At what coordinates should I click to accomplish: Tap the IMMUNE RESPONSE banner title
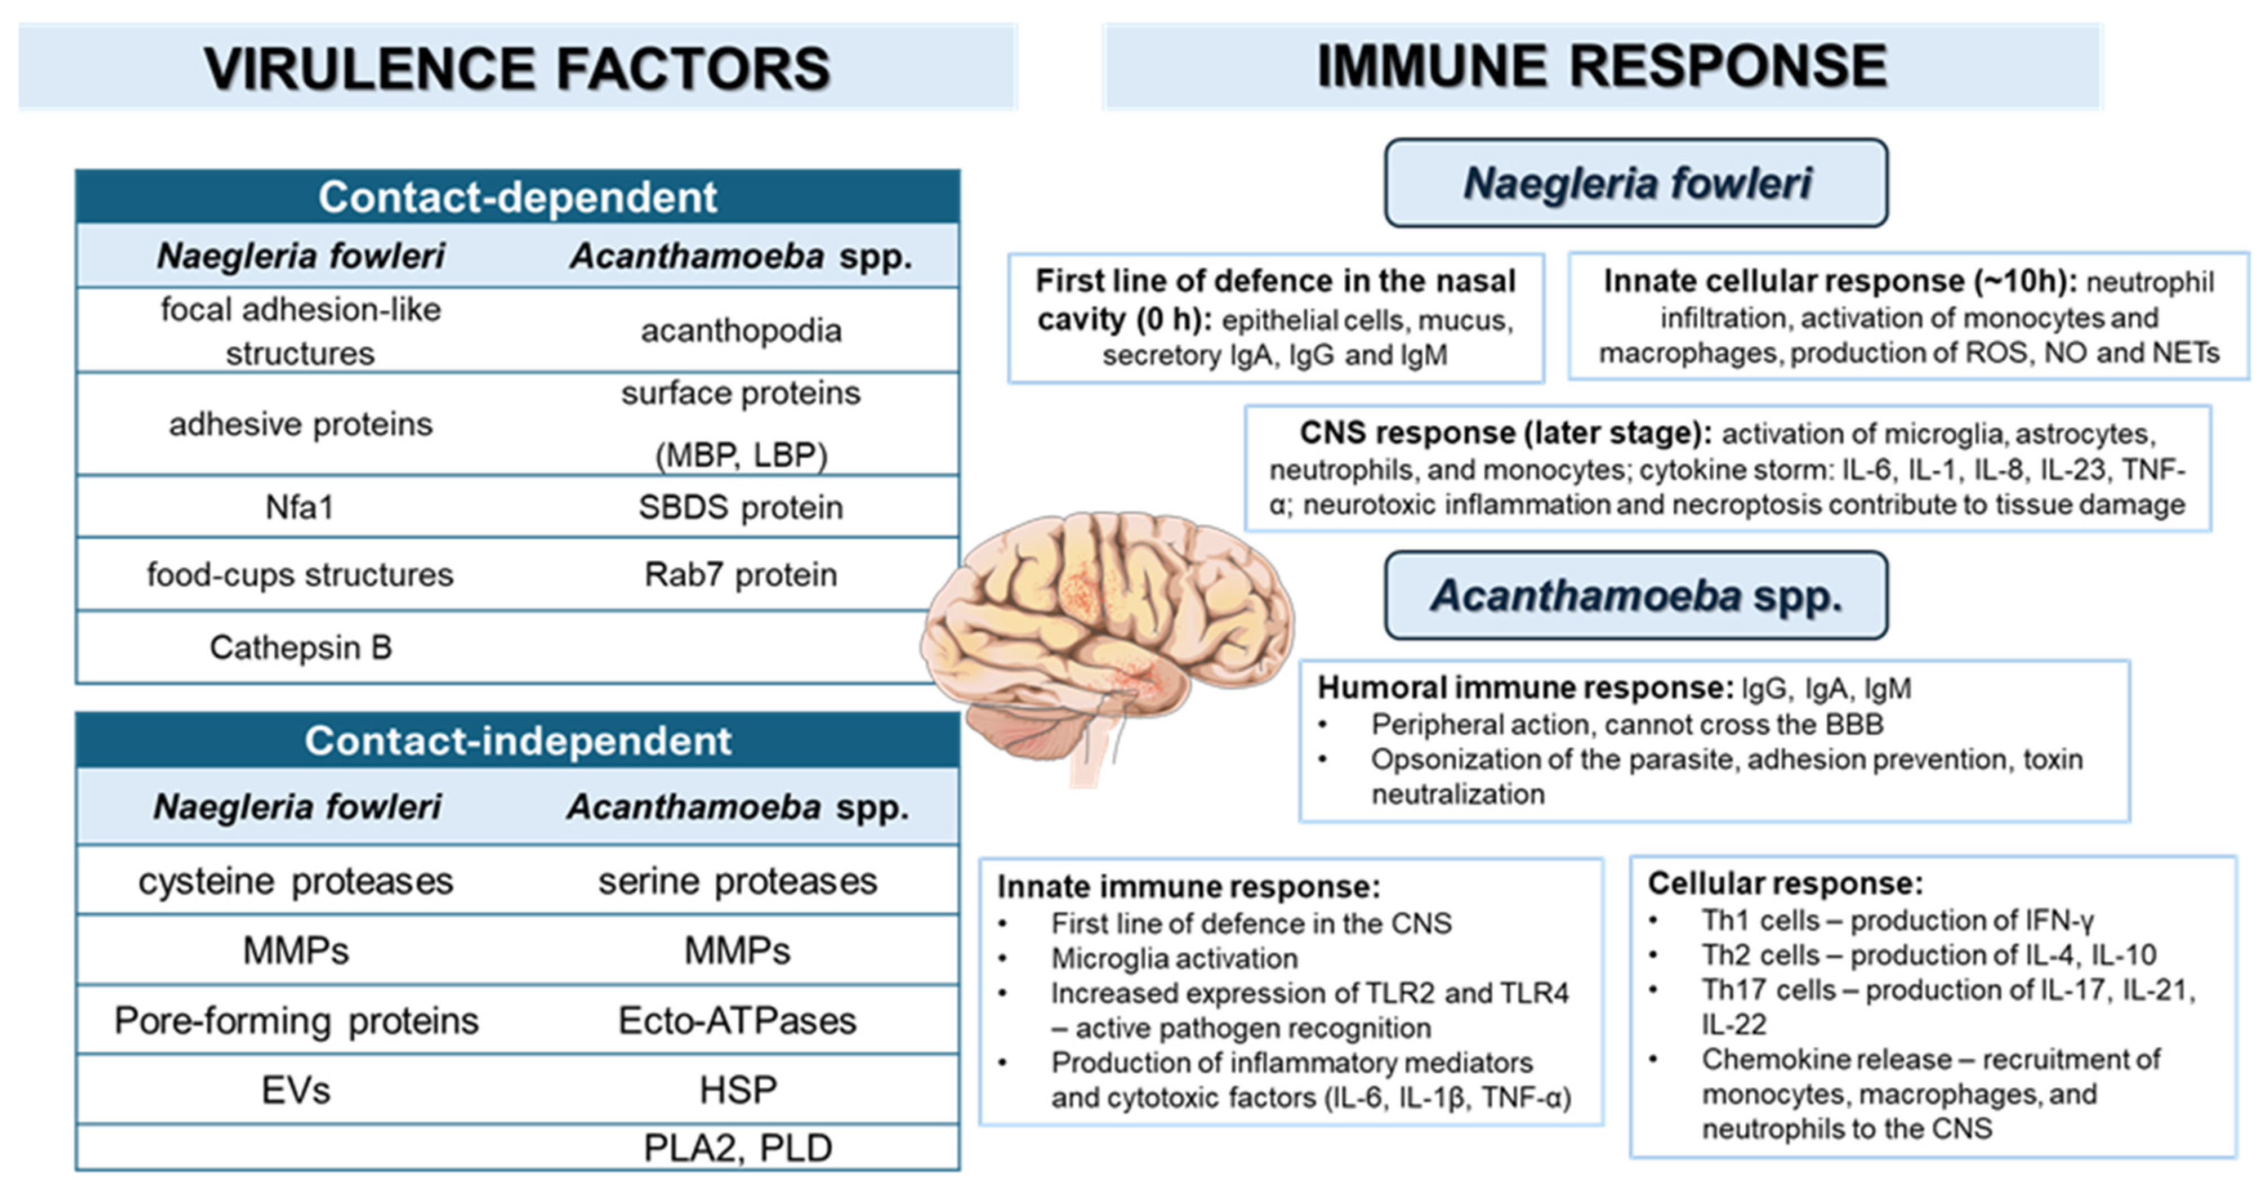[1602, 66]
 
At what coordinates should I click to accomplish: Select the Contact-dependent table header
[518, 197]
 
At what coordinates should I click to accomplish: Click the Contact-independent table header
[518, 741]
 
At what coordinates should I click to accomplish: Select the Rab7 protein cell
[741, 575]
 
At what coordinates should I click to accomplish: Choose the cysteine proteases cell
[296, 881]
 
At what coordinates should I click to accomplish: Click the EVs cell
[296, 1090]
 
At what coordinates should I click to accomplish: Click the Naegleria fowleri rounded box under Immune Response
[1636, 182]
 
